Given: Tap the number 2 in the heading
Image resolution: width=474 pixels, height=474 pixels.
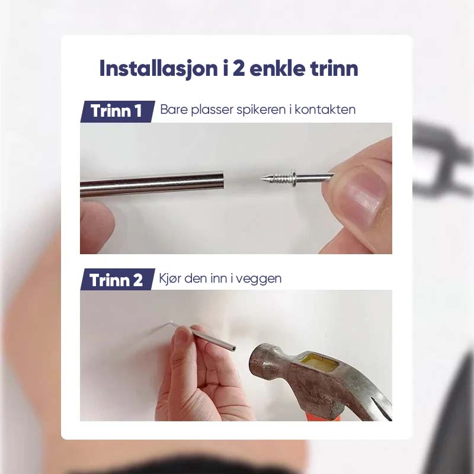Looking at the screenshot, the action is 239,69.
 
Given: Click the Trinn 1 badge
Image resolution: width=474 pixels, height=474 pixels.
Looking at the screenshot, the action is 117,111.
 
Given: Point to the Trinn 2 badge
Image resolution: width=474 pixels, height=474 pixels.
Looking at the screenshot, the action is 117,280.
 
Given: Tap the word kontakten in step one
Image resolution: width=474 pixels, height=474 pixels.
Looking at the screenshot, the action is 325,109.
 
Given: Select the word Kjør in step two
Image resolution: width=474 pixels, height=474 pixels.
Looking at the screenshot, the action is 169,278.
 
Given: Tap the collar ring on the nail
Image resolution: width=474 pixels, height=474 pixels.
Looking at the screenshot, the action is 294,178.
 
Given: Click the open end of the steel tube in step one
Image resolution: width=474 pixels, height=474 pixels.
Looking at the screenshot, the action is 222,183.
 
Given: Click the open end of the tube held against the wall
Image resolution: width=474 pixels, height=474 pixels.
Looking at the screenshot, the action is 233,348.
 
